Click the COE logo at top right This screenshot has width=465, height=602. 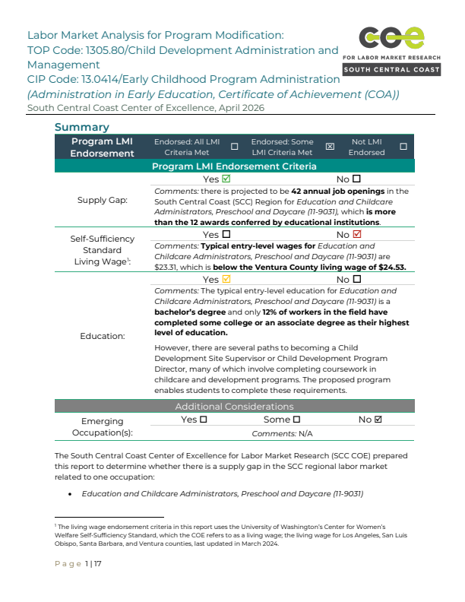[391, 50]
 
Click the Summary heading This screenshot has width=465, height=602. [81, 127]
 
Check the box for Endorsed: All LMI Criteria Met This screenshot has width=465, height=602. [234, 147]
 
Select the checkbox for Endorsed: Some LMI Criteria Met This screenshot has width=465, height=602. [330, 147]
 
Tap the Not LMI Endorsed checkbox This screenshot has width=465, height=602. [403, 147]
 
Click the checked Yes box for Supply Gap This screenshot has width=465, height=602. [226, 179]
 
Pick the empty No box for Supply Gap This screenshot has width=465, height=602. [357, 179]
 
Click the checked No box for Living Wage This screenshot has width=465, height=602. [357, 235]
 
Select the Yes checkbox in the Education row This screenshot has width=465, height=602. [226, 280]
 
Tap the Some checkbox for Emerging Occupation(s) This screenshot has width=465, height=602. [296, 420]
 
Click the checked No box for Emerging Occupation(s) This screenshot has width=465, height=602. [378, 420]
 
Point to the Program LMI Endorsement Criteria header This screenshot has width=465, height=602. [234, 166]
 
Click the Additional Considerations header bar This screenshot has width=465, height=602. [234, 406]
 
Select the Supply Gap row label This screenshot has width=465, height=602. [103, 201]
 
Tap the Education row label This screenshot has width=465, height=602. [103, 334]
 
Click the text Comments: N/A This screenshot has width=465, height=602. [282, 432]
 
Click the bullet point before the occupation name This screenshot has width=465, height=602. [70, 494]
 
